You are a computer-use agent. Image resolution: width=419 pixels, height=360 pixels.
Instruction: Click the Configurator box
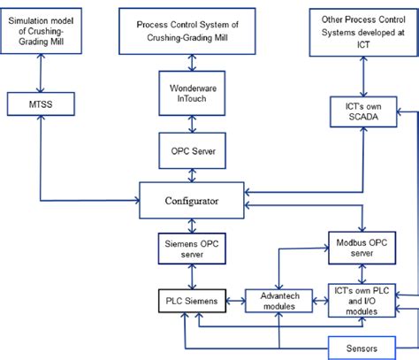pyautogui.click(x=193, y=201)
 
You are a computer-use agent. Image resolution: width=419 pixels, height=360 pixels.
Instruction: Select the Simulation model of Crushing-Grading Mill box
pyautogui.click(x=44, y=32)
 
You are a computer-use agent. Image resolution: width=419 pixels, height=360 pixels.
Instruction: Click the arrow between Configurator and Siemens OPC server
pyautogui.click(x=193, y=225)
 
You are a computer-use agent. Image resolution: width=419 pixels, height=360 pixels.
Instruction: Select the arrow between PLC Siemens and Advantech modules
pyautogui.click(x=234, y=301)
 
